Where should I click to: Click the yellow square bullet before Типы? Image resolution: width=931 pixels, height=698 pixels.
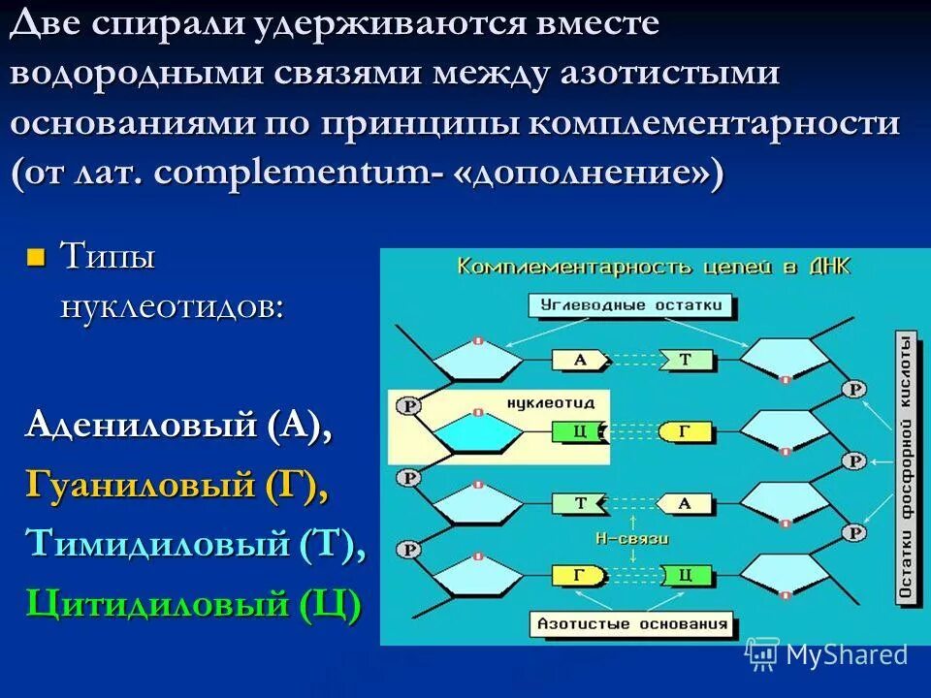pyautogui.click(x=36, y=258)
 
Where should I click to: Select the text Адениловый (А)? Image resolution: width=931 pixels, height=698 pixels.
pyautogui.click(x=178, y=426)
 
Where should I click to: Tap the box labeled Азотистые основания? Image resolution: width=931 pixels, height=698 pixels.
pyautogui.click(x=632, y=624)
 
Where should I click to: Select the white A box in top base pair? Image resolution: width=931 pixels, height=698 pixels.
pyautogui.click(x=580, y=360)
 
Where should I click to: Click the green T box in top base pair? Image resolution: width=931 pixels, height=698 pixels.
pyautogui.click(x=686, y=360)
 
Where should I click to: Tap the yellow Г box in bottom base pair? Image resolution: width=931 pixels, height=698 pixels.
pyautogui.click(x=579, y=575)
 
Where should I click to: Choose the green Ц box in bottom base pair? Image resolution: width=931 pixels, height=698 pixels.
pyautogui.click(x=686, y=575)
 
